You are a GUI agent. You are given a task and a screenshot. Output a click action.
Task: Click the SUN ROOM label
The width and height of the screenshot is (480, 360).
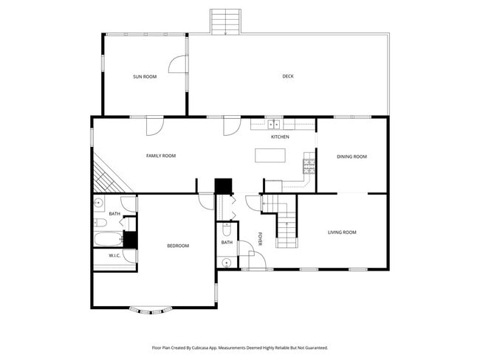coord(145,77)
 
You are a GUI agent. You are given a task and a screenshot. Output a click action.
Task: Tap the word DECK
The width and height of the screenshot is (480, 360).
coord(288,76)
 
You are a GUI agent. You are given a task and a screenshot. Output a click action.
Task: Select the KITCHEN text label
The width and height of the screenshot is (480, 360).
coord(280,137)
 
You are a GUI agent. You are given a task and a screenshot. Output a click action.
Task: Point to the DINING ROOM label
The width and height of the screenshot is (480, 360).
coord(352,156)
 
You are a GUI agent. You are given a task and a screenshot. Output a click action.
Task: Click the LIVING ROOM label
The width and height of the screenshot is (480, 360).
coord(342,232)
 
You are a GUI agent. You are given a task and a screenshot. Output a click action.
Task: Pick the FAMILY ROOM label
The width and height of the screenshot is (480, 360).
coord(160,156)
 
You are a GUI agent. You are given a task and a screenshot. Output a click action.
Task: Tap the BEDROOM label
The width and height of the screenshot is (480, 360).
coord(177,246)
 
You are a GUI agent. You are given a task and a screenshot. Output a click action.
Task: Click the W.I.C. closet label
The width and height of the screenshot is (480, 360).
coord(114,256)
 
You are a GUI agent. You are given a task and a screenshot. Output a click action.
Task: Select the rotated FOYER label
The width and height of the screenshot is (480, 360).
coord(261,239)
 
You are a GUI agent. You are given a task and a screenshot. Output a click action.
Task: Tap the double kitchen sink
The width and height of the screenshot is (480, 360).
coord(272,125)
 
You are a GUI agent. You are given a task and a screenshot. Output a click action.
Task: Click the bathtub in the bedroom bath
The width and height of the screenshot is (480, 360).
coord(106,238)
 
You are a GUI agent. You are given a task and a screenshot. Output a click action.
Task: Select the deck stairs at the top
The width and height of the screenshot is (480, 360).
coord(224,21)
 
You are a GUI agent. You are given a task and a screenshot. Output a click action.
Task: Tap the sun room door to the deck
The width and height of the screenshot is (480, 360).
coord(177,66)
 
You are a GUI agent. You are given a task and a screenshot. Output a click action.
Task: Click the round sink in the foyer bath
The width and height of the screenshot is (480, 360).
coord(227,263)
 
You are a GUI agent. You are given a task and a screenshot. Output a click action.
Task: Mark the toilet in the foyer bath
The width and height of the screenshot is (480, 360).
coord(226,230)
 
